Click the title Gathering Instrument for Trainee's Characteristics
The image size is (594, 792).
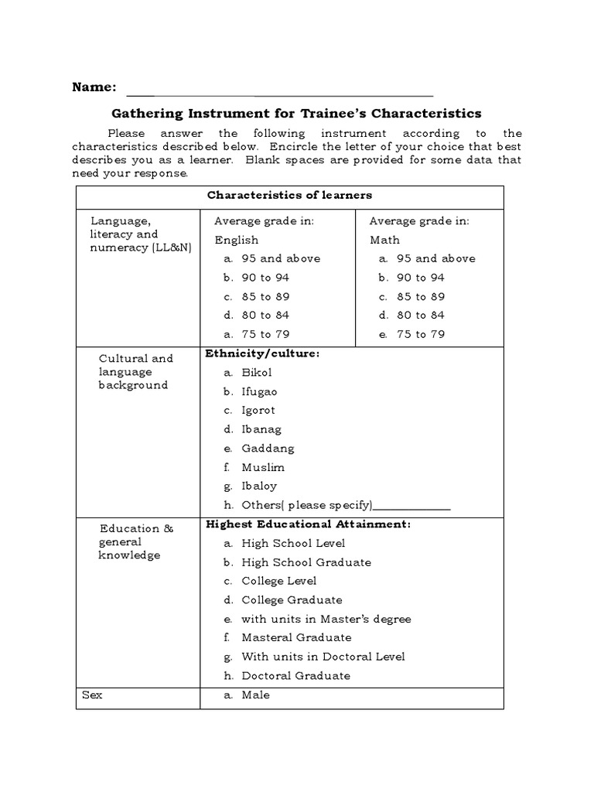[297, 113]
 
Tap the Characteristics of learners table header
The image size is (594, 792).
[289, 195]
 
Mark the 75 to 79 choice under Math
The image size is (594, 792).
[421, 334]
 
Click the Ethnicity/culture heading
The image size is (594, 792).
[262, 353]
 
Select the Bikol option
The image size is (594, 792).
[256, 373]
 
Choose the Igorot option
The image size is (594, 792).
[258, 411]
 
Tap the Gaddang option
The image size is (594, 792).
[268, 449]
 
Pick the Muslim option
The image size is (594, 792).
[263, 467]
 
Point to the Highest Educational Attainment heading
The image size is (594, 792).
[308, 524]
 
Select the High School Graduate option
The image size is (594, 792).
[306, 562]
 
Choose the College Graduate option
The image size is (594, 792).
[292, 600]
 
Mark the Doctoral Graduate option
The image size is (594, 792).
[295, 676]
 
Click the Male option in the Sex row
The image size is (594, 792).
[255, 695]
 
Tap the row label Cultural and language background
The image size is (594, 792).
[135, 372]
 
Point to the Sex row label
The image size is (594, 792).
[92, 695]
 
